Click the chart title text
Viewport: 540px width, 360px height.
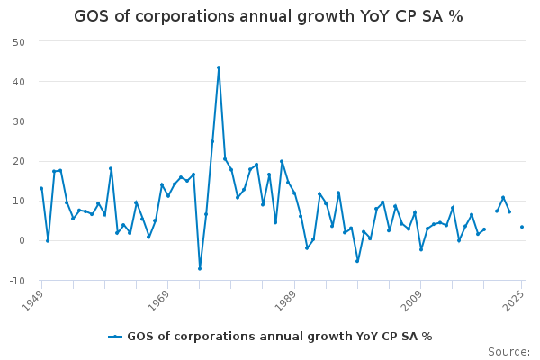point(268,16)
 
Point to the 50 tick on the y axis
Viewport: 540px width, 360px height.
point(18,42)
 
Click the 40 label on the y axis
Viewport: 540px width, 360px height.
point(18,82)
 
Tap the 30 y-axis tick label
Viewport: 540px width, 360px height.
point(18,121)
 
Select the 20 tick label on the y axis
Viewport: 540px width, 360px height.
point(18,161)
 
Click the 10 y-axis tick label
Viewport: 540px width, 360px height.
point(18,201)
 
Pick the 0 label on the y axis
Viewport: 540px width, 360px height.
point(22,240)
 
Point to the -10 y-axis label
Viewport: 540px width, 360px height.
point(17,280)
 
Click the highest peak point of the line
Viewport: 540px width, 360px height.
point(219,67)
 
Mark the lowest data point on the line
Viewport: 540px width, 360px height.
point(200,268)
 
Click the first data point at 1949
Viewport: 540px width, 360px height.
point(41,188)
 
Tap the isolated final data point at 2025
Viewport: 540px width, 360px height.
point(522,227)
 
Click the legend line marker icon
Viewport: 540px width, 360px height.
point(115,337)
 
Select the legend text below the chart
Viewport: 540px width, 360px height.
point(279,337)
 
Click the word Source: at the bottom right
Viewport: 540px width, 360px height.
point(508,352)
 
